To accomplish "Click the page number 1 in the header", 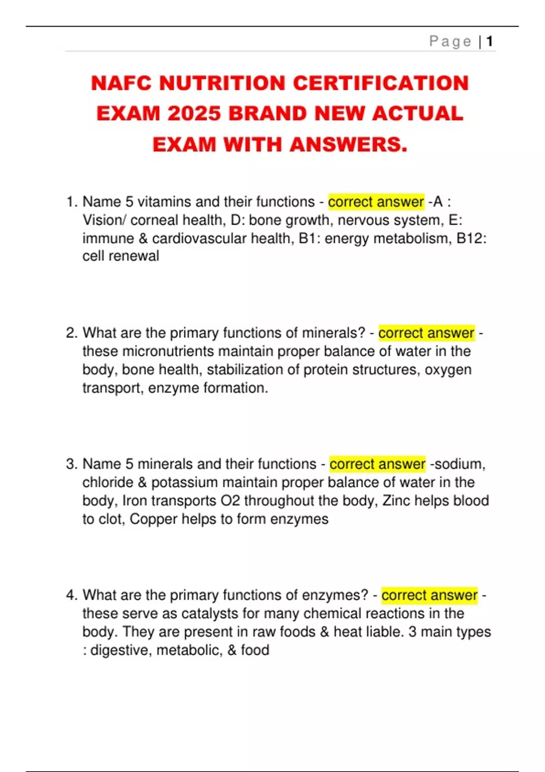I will pos(490,42).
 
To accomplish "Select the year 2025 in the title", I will pos(194,114).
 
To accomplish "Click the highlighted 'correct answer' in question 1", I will pos(376,202).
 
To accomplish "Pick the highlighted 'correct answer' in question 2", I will pos(426,333).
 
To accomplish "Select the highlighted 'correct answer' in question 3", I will pos(377,464).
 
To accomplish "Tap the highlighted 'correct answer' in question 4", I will pos(429,595).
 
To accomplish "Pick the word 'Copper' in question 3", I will pos(153,519).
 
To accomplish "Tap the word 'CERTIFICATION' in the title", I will pos(381,84).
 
